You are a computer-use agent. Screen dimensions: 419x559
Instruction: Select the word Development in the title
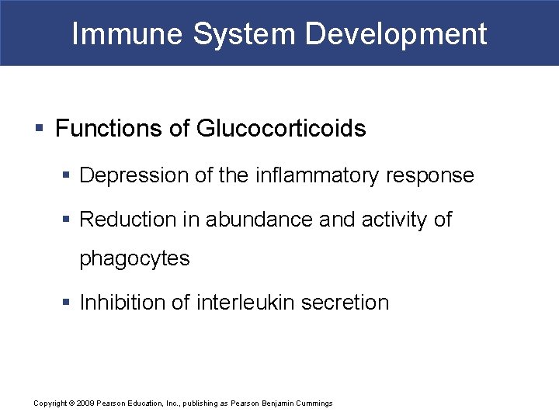396,34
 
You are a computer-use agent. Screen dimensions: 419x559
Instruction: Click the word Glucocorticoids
280,129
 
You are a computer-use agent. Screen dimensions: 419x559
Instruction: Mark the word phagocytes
134,259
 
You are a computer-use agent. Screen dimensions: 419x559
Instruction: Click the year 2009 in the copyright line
85,403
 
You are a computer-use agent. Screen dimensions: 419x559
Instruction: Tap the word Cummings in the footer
313,403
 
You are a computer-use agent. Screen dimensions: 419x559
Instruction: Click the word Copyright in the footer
50,403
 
